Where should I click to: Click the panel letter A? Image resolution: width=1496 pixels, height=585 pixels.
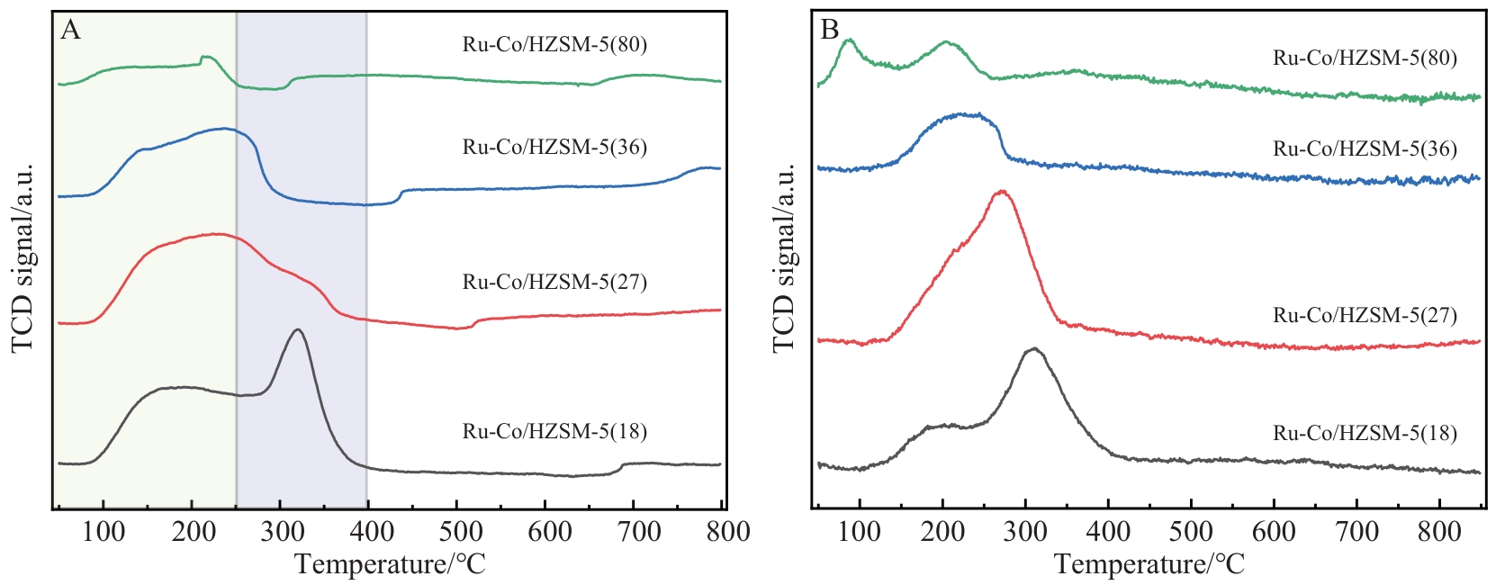pos(70,31)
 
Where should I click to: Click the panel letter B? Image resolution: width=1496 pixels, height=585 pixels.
pos(829,30)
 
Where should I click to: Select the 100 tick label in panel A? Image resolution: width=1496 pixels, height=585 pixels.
pos(104,531)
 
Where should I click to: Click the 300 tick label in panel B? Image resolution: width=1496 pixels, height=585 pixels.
pos(1025,531)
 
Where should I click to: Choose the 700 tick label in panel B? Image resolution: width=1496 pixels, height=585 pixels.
pos(1356,531)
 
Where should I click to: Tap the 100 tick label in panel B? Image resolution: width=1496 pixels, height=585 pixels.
pos(860,531)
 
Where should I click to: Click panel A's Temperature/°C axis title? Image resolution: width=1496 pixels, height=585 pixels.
pos(389,565)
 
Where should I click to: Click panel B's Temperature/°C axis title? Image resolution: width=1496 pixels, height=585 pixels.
pos(1149,565)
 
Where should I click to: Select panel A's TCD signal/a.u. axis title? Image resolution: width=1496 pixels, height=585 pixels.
pos(23,258)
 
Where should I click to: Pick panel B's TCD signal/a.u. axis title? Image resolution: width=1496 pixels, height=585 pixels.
pos(784,258)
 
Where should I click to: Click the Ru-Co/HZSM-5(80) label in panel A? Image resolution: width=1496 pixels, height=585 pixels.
pos(554,44)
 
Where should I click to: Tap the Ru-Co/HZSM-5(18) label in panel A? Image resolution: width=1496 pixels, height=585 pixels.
pos(554,431)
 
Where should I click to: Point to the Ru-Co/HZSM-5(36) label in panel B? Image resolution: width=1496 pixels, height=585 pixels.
pos(1365,148)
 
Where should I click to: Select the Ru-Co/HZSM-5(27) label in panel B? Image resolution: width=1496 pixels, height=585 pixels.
pos(1365,315)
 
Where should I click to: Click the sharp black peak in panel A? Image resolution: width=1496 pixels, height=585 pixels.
pos(297,330)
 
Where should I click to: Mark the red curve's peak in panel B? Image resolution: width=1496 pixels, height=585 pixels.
pos(1001,191)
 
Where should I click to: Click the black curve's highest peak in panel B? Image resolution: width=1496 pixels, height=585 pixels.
pos(1034,348)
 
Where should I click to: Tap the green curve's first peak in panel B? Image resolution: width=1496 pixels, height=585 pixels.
pos(848,40)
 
